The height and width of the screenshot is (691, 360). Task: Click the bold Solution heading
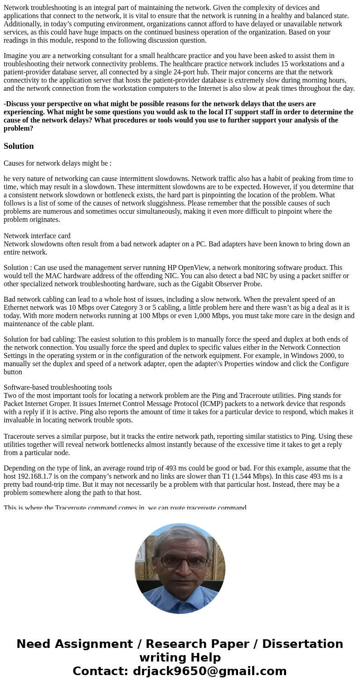[19, 146]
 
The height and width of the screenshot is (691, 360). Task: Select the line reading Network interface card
[37, 236]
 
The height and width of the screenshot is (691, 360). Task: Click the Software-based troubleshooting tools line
[58, 387]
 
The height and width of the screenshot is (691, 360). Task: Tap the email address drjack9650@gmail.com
[209, 671]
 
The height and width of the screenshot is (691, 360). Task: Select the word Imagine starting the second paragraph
[17, 56]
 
